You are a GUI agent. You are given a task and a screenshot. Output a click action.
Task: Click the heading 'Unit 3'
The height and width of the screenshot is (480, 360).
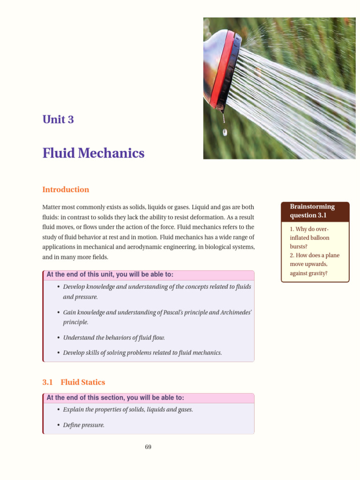pos(58,120)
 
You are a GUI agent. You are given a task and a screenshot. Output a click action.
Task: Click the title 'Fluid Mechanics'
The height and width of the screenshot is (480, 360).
pos(93,153)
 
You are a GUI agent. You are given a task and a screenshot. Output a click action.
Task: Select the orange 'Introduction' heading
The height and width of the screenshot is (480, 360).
pos(66,190)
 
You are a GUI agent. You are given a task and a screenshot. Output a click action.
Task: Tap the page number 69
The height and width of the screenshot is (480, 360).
pos(148,447)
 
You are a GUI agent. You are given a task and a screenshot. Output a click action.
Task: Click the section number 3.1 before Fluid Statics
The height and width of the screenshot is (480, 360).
pos(48,382)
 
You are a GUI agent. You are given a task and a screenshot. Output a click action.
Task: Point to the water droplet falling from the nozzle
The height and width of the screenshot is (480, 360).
pos(225,133)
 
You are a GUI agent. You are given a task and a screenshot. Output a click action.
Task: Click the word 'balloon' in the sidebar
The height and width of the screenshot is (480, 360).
pos(320,238)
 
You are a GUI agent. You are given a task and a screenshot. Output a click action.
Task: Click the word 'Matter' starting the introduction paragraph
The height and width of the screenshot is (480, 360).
pos(52,207)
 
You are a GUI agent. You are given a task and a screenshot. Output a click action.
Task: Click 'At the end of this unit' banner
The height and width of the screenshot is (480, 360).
pos(110,274)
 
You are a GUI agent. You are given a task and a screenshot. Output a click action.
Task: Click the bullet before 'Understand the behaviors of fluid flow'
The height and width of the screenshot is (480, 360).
pos(58,337)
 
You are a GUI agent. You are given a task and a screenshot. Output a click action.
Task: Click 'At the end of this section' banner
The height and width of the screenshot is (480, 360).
pos(115,397)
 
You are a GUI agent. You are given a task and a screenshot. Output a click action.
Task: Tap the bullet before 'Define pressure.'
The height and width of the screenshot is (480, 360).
pos(58,425)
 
